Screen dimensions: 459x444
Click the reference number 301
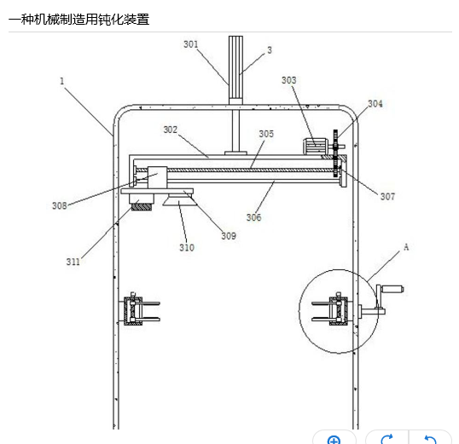click(x=191, y=44)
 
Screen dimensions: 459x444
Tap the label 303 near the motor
click(x=289, y=80)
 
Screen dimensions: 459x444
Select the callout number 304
click(x=375, y=104)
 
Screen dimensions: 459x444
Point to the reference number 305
click(x=266, y=134)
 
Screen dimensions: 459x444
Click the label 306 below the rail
click(x=253, y=217)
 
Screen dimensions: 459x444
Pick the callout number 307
click(x=387, y=197)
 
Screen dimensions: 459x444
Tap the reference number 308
click(x=60, y=205)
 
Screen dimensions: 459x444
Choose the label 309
click(x=229, y=236)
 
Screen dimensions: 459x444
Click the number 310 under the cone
click(x=187, y=248)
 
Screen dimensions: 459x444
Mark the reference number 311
click(x=73, y=262)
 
